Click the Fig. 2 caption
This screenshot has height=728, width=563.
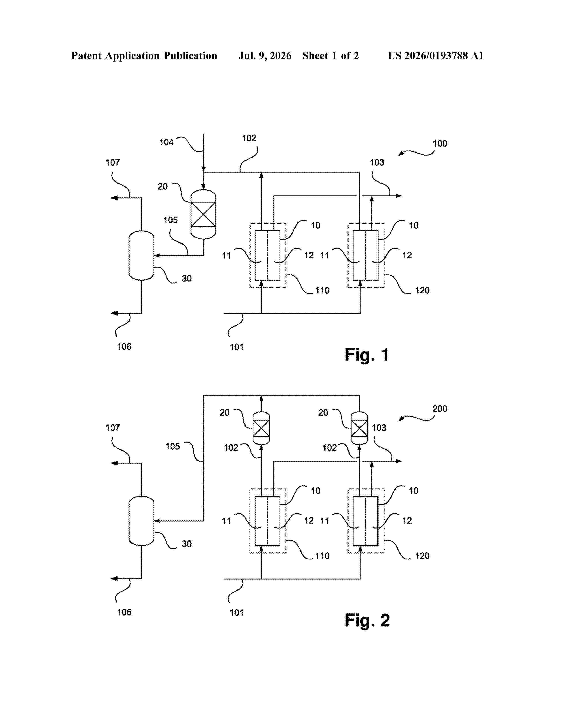point(367,620)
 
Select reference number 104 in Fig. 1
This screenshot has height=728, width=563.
point(166,142)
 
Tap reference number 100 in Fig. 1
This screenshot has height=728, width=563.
point(440,144)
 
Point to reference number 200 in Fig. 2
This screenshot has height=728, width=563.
point(440,409)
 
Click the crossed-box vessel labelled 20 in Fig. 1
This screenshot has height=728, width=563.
point(203,214)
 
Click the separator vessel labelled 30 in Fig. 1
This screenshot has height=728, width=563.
point(142,255)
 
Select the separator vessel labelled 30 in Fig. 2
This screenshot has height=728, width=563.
point(142,521)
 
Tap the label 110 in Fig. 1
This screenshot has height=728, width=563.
point(322,290)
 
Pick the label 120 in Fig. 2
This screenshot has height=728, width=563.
point(422,556)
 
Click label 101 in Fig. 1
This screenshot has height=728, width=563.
point(236,347)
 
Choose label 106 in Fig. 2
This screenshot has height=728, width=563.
point(124,612)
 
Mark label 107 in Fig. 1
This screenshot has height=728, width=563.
point(113,163)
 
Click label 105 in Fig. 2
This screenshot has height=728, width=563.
point(173,446)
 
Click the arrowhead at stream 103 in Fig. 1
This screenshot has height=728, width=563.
point(399,196)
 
